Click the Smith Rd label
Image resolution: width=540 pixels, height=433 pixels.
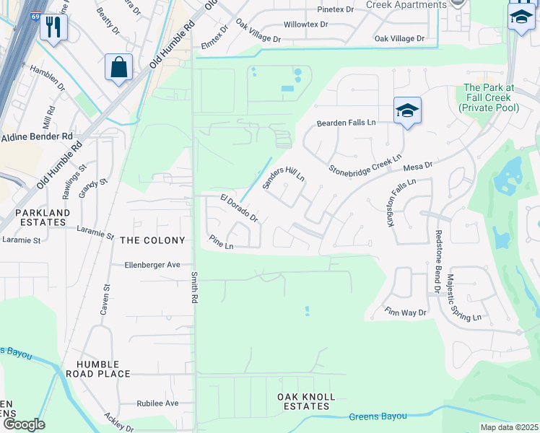[x=194, y=287]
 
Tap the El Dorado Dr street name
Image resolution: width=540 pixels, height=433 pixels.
[x=239, y=206]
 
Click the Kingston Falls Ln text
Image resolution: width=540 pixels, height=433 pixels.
[x=401, y=203]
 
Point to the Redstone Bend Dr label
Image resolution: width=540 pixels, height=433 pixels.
[x=437, y=262]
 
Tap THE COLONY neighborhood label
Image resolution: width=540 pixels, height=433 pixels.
[x=152, y=240]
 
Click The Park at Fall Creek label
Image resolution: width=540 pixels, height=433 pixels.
[x=488, y=97]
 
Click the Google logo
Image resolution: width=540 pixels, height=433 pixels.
[x=24, y=424]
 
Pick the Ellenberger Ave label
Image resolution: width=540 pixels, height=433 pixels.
[x=151, y=265]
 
